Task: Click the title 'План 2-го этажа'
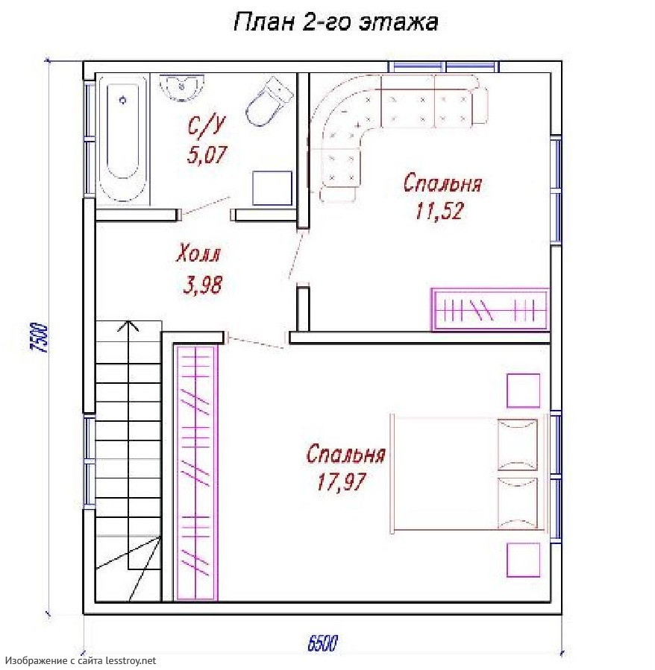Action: click(336, 22)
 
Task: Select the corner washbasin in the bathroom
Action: click(181, 88)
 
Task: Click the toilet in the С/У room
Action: click(269, 101)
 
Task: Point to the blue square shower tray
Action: click(272, 188)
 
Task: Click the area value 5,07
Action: click(206, 155)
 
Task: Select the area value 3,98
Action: click(203, 285)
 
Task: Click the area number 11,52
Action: click(439, 211)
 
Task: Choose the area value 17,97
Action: click(341, 481)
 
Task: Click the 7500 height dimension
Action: click(40, 337)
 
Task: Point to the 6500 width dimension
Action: click(322, 643)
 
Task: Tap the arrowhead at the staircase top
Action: click(128, 326)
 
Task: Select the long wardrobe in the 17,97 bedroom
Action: click(195, 473)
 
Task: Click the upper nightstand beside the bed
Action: click(523, 391)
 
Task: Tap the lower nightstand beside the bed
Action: click(523, 560)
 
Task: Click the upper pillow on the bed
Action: click(518, 444)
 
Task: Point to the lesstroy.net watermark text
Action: click(81, 660)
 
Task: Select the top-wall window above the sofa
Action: click(444, 66)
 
